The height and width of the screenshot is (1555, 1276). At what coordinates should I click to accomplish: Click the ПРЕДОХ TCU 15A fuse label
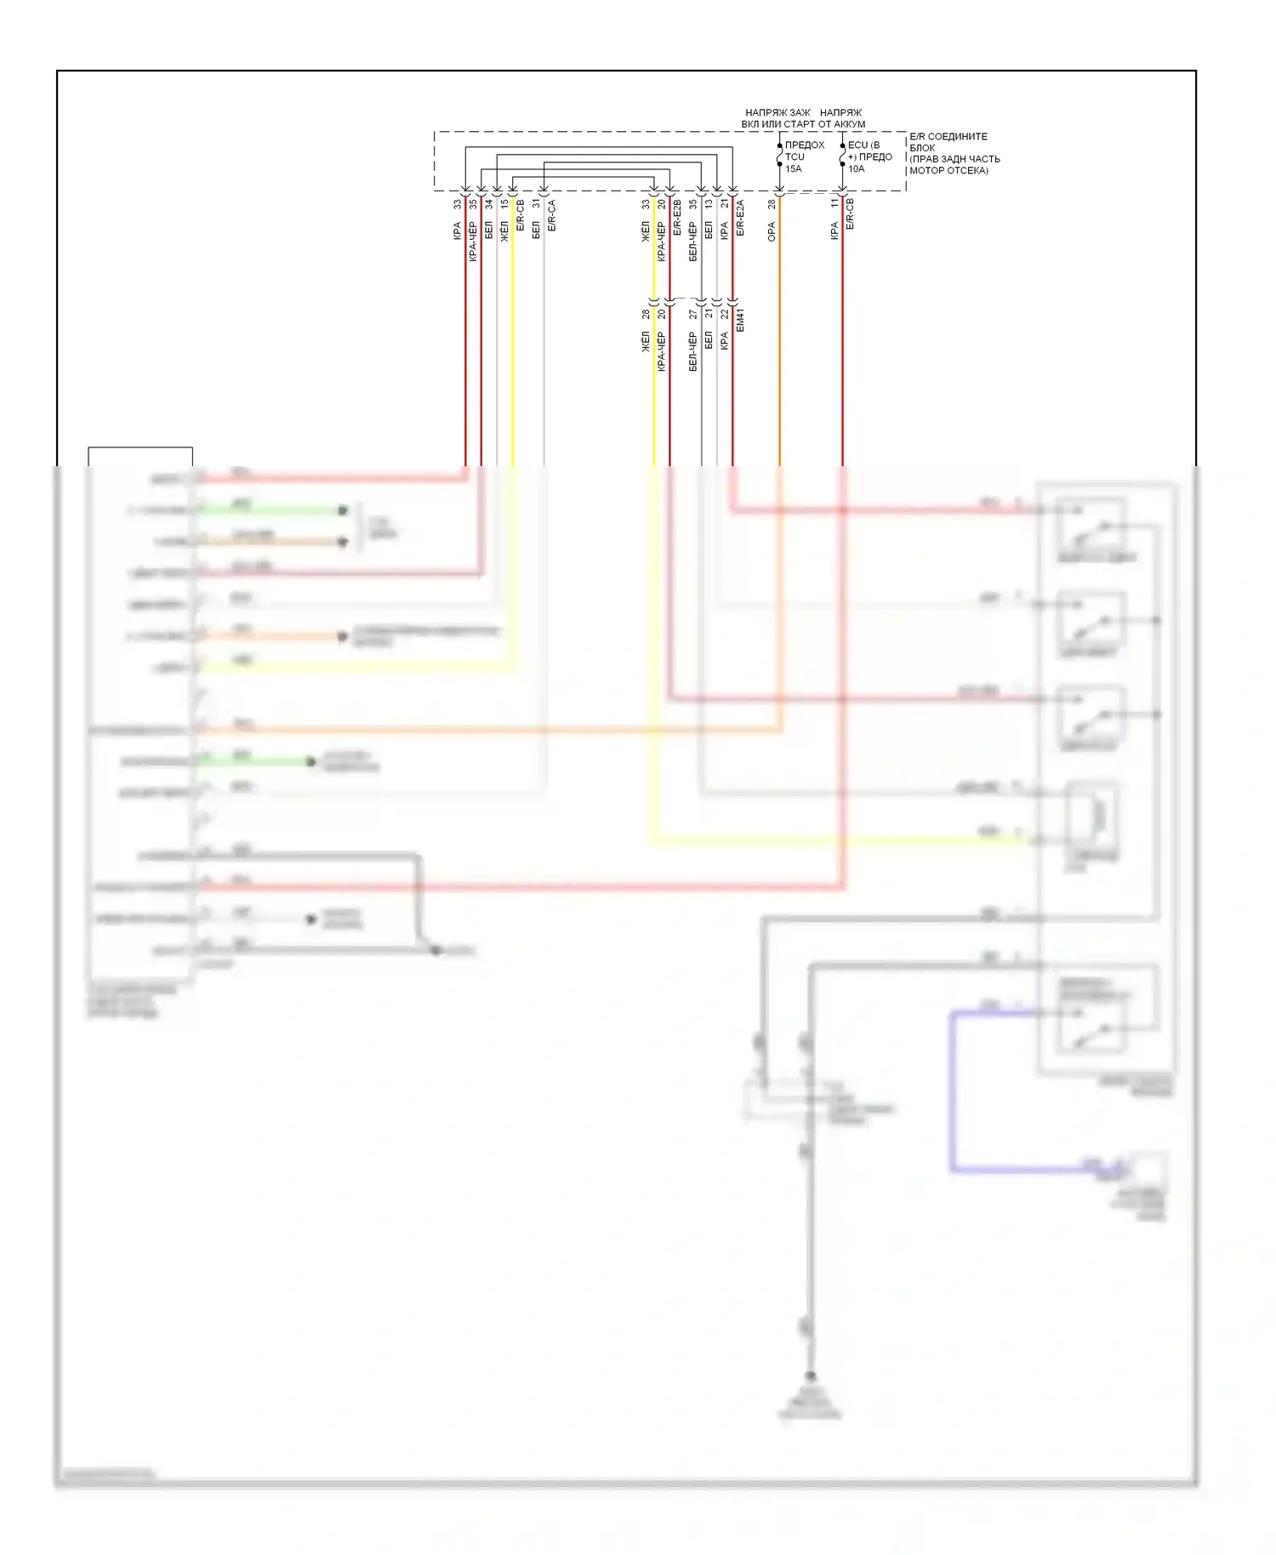[803, 157]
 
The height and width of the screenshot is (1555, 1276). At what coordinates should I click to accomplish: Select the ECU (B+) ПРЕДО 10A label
[869, 157]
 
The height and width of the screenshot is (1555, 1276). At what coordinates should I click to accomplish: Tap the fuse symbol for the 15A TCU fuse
[779, 156]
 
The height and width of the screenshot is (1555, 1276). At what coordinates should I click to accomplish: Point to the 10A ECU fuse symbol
[842, 156]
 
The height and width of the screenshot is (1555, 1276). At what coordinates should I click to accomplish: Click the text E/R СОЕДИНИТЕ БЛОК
[948, 141]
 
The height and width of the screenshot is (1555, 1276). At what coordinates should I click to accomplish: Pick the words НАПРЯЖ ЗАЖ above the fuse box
[778, 112]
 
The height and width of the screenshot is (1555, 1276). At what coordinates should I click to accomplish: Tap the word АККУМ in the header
[849, 124]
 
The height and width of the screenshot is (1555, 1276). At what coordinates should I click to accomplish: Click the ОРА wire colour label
[772, 231]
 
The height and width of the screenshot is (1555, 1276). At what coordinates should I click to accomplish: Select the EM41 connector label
[740, 320]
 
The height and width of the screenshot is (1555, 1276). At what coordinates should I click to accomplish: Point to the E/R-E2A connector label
[740, 218]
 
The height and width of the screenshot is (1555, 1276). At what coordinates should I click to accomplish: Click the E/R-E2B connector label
[677, 218]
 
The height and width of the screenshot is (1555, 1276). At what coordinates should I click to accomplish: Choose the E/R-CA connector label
[551, 216]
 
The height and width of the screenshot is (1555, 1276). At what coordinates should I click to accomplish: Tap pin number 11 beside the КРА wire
[835, 204]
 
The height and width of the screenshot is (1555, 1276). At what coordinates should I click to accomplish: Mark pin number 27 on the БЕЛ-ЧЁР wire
[693, 314]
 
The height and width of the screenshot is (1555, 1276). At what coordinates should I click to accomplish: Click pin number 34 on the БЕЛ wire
[488, 204]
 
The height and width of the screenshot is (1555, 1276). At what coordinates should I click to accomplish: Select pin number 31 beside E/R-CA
[536, 204]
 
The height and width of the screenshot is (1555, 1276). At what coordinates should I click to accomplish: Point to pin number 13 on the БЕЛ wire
[709, 204]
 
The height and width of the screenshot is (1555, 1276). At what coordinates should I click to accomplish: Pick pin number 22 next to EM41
[725, 314]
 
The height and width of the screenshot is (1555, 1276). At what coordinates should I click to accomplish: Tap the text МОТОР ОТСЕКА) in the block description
[948, 170]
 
